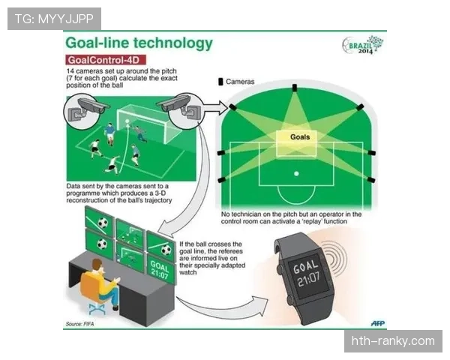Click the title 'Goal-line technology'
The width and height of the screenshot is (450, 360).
[139, 43]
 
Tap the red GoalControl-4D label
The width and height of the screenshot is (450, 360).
[106, 60]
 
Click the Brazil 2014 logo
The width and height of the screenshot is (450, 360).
[363, 45]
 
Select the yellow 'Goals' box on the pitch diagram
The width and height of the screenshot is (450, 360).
[296, 143]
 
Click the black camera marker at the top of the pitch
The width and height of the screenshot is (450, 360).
[295, 88]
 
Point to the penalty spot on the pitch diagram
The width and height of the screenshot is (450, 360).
[296, 174]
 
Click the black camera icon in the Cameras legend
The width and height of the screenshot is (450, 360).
[220, 82]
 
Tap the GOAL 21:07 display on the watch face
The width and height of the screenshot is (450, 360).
[306, 274]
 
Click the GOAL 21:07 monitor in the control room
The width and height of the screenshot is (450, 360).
[160, 269]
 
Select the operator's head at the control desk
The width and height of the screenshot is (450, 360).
[97, 265]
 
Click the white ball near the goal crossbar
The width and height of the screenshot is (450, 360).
[127, 121]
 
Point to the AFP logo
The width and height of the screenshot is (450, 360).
[378, 323]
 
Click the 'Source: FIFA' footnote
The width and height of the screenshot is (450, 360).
[79, 324]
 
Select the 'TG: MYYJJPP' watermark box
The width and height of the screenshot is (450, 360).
[54, 19]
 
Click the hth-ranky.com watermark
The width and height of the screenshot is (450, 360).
[393, 341]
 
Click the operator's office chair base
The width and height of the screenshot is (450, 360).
[97, 308]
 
